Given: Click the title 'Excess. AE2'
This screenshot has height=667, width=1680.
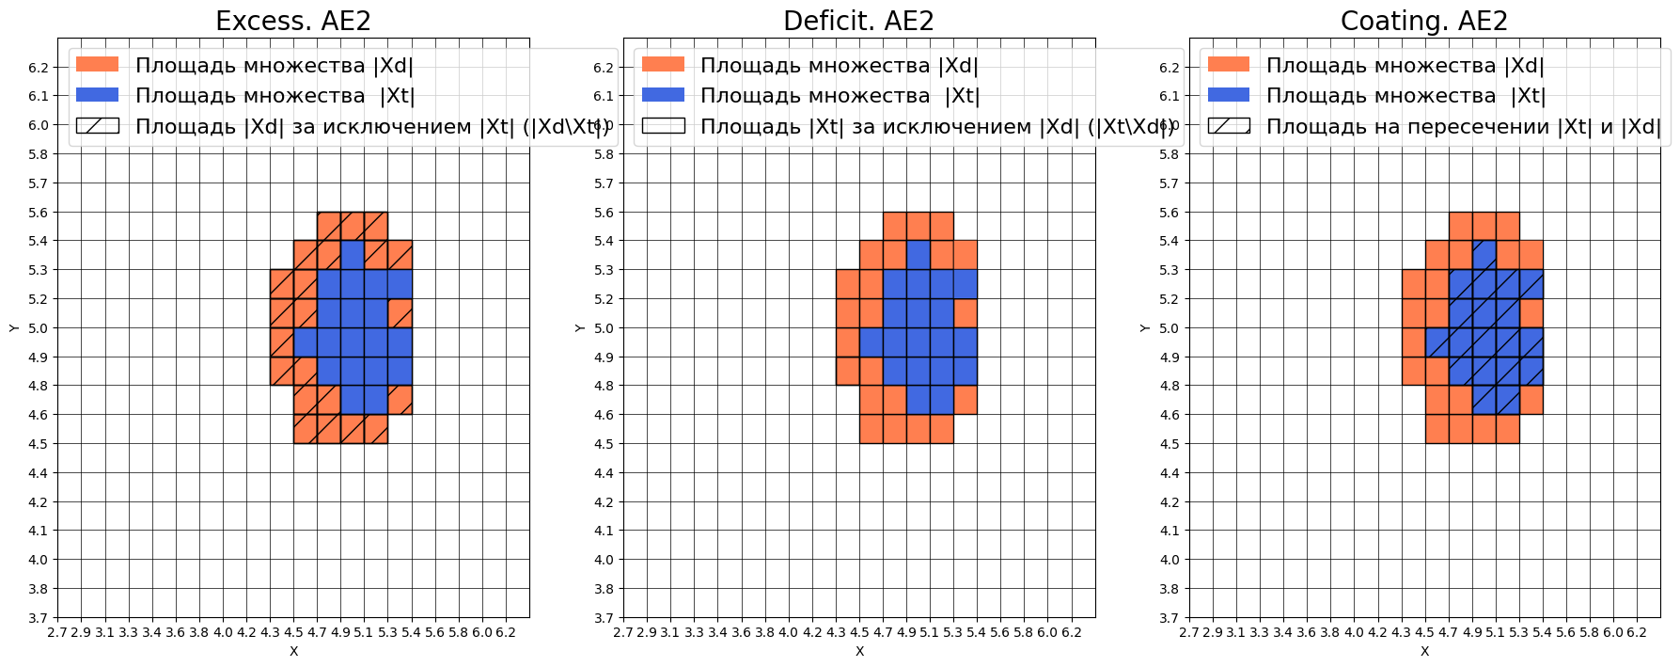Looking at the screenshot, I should (292, 21).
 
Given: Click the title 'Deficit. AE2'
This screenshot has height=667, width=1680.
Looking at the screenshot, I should (858, 21).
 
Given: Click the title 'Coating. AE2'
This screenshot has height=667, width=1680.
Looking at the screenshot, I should (1423, 21).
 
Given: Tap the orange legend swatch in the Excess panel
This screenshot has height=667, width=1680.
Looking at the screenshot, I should (98, 64).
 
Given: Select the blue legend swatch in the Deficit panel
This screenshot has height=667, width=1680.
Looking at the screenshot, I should (663, 95).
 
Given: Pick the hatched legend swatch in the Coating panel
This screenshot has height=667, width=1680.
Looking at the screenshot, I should (1229, 126).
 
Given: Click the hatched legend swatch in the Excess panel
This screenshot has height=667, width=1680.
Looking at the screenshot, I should (98, 126).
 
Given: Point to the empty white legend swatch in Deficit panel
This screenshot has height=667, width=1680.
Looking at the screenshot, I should (663, 126).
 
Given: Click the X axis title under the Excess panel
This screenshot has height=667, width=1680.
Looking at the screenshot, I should (293, 651).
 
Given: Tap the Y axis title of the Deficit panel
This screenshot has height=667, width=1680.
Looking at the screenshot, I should (579, 327).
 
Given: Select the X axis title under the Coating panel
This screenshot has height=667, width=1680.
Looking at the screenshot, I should (1424, 651).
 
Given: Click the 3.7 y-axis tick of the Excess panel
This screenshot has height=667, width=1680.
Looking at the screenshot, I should (38, 618).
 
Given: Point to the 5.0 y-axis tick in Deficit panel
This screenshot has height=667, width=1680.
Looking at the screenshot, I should (604, 328).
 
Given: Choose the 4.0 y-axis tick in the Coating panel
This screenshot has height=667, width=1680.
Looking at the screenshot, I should (1169, 560).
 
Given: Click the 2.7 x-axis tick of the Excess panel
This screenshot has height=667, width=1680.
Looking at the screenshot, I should (57, 632).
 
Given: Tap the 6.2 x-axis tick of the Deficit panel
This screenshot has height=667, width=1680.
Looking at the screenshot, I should (1071, 632).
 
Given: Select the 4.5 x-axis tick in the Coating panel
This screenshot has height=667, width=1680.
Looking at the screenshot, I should (1424, 632).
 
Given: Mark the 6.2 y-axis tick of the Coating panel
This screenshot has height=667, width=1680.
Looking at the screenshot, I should (1169, 68).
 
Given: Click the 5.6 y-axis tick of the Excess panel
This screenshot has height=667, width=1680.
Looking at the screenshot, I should (38, 213).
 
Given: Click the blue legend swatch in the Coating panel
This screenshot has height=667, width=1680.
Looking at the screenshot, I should (1229, 95).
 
